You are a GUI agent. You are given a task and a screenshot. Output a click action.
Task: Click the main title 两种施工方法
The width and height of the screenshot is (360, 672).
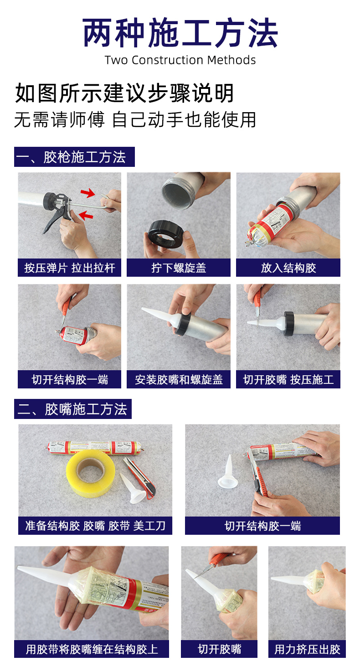click(x=180, y=33)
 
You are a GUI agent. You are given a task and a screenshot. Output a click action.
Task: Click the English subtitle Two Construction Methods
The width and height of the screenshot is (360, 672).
click(x=180, y=60)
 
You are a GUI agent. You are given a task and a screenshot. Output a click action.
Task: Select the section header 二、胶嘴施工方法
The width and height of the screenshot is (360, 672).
click(x=72, y=409)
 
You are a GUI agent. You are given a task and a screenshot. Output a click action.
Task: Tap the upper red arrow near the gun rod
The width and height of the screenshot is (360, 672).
click(x=88, y=192)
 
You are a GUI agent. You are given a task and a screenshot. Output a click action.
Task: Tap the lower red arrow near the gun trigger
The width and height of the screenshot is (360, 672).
click(x=86, y=215)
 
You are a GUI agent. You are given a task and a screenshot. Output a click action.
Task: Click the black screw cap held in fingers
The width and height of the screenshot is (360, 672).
click(x=165, y=234)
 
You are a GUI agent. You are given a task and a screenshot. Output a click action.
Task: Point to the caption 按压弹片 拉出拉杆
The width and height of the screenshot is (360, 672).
click(x=70, y=268)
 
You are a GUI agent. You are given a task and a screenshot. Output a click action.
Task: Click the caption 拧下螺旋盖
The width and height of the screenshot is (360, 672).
click(x=179, y=268)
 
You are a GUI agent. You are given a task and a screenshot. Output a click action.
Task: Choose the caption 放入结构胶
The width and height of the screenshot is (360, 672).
click(x=288, y=268)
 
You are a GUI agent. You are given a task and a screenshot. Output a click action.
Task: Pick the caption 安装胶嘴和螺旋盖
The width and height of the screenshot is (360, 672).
click(x=179, y=379)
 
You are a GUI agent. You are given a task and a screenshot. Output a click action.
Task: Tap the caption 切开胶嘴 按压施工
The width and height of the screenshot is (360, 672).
click(x=288, y=379)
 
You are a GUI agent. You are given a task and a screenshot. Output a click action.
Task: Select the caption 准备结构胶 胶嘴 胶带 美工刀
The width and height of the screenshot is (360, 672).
click(x=95, y=526)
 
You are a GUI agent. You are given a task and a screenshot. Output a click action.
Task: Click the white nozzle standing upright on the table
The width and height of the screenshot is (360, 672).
click(x=228, y=471)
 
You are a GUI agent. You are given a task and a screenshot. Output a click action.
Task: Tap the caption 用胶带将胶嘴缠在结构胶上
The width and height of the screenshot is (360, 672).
click(x=92, y=649)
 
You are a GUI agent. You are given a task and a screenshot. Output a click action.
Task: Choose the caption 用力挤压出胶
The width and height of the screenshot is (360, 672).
click(x=307, y=649)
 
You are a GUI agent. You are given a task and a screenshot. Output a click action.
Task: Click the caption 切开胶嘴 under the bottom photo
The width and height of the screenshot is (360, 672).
click(x=219, y=649)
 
